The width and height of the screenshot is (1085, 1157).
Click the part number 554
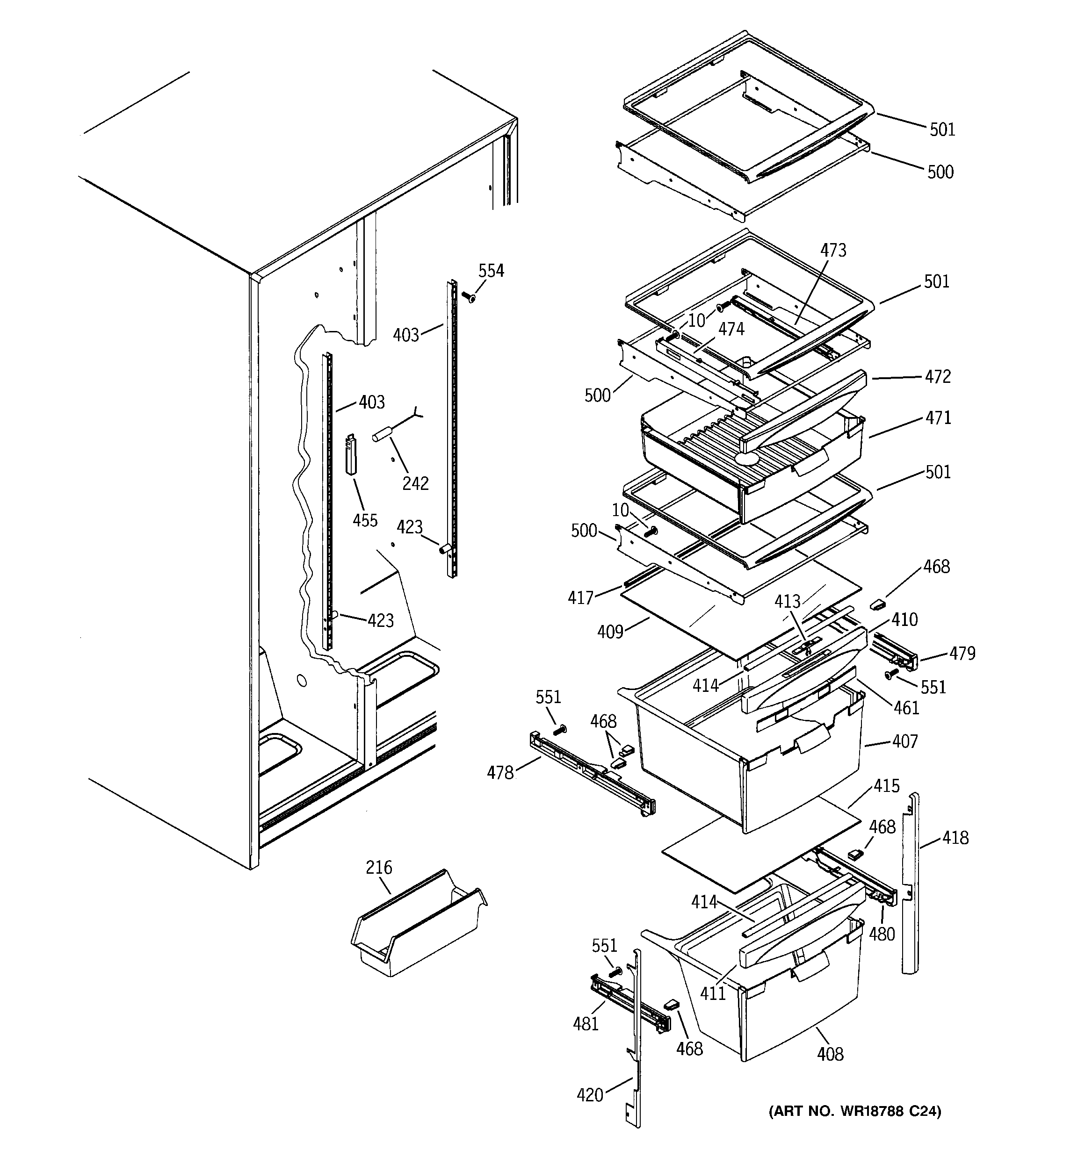click(491, 271)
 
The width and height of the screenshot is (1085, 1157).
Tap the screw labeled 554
click(468, 297)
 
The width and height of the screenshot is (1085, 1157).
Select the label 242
click(415, 483)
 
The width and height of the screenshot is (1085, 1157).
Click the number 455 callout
click(365, 520)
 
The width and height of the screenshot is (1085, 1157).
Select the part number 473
click(833, 250)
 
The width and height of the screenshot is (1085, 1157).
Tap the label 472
click(938, 376)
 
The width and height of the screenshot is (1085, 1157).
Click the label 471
click(938, 418)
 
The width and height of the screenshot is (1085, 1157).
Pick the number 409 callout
click(610, 632)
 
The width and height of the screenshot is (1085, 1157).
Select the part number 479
click(962, 654)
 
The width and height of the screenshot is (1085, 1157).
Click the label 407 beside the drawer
click(904, 741)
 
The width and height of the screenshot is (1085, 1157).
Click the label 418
click(955, 838)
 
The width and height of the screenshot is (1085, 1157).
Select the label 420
click(589, 1095)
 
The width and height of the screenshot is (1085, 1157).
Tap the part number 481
click(586, 1024)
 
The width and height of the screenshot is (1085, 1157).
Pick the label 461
click(906, 708)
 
